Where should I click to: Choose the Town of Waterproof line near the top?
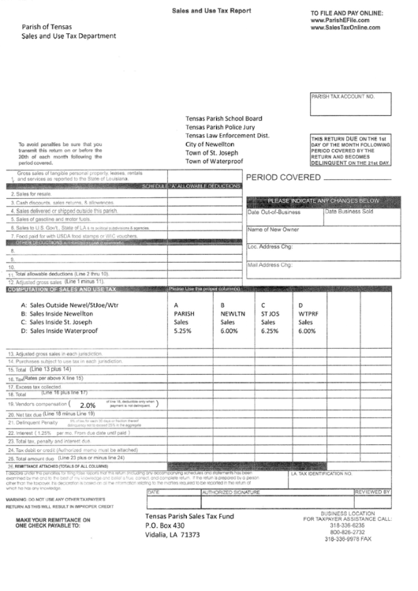(215, 160)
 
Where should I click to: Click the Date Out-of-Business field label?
(274, 211)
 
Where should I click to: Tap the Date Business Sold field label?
(354, 211)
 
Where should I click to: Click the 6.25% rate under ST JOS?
(270, 331)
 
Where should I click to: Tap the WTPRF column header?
(308, 313)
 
